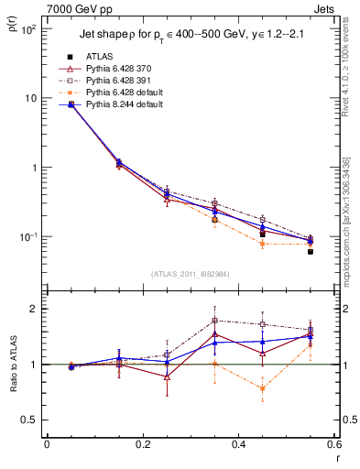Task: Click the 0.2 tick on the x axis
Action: click(x=143, y=444)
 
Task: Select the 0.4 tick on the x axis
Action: click(x=238, y=444)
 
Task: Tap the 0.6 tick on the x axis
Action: click(x=333, y=444)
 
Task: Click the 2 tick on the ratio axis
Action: click(x=36, y=309)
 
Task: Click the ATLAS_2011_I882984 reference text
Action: click(x=190, y=274)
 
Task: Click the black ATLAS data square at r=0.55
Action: click(x=310, y=251)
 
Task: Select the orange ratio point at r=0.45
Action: click(x=262, y=388)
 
